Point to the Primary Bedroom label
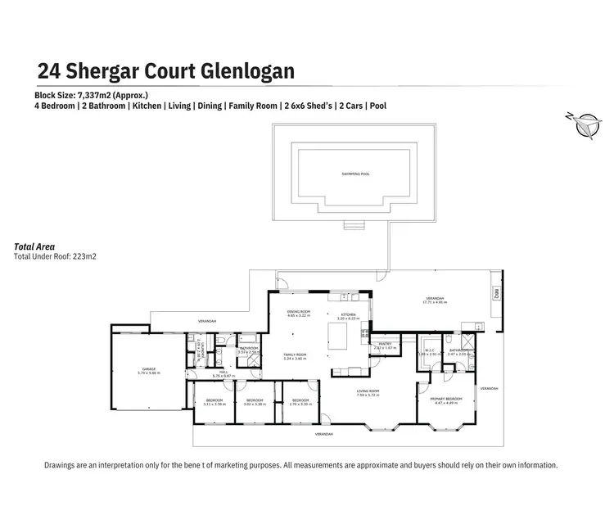(448, 400)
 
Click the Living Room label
(368, 392)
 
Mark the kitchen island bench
(337, 335)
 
